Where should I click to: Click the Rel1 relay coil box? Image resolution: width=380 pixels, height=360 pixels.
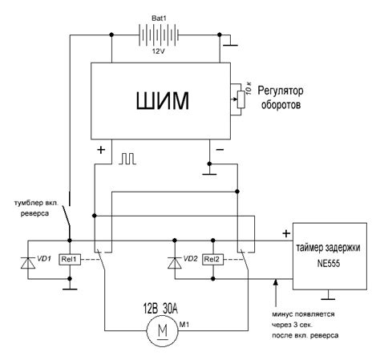[x=70, y=259]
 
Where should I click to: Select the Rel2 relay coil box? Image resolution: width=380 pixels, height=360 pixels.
[x=212, y=259]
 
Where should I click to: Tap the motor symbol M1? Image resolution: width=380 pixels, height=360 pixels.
[x=163, y=330]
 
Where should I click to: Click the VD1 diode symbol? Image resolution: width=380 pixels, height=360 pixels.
[x=28, y=263]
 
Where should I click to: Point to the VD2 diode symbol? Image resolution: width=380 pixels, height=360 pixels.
[x=175, y=263]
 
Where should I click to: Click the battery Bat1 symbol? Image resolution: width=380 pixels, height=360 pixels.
[x=159, y=34]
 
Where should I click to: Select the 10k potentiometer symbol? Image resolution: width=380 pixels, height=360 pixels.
[x=241, y=99]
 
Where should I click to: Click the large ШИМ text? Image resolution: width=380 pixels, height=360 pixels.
[x=163, y=101]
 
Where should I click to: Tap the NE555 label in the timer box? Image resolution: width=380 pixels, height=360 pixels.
[x=329, y=264]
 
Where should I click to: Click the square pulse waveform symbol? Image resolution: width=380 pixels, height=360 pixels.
[x=127, y=159]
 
